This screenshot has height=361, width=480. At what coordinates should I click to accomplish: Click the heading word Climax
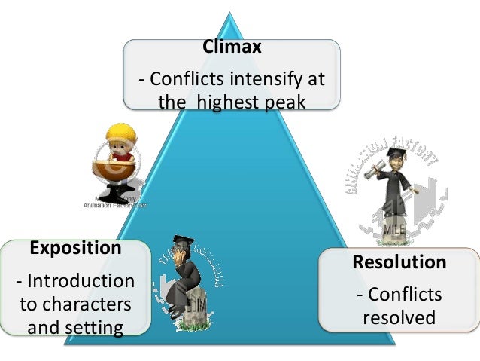[x=232, y=47]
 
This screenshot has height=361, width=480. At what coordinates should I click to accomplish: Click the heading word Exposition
[x=74, y=247]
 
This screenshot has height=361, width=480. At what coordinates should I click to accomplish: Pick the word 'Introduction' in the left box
[x=81, y=281]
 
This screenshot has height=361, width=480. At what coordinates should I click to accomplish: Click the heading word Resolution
[x=399, y=262]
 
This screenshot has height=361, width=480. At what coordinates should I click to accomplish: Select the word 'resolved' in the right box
[x=399, y=317]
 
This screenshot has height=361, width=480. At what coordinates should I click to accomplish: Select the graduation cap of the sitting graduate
[x=181, y=240]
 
